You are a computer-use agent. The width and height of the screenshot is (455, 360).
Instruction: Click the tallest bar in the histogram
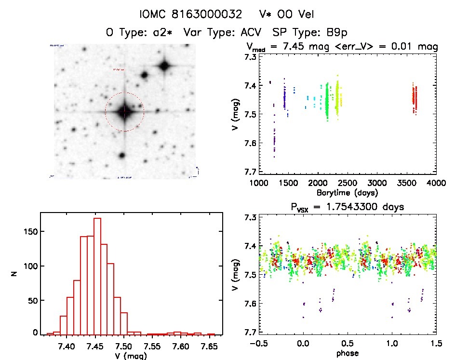[97, 276]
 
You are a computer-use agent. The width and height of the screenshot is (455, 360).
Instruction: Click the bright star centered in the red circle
[124, 112]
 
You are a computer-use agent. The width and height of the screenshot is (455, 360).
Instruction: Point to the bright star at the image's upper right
[164, 66]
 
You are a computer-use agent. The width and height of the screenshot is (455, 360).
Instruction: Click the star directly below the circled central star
[121, 156]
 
